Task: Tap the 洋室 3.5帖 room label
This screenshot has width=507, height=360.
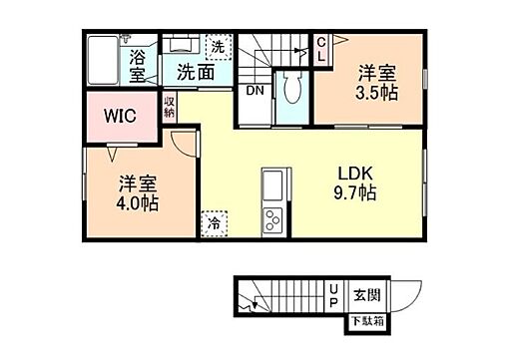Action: coord(377,83)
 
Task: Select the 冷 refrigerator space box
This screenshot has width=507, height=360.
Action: coord(214,224)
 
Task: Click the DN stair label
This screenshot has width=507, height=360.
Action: coord(255,89)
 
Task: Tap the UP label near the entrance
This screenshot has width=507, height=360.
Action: coord(334,294)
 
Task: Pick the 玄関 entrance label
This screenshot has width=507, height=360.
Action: coord(365,294)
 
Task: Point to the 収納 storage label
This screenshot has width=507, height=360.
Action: coord(170,106)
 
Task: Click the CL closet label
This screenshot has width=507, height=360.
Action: coord(321,49)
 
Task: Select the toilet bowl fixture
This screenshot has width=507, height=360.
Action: coord(292,90)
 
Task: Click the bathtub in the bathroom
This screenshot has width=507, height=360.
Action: coord(102,61)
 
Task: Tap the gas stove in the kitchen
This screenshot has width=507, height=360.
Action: coord(272,223)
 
